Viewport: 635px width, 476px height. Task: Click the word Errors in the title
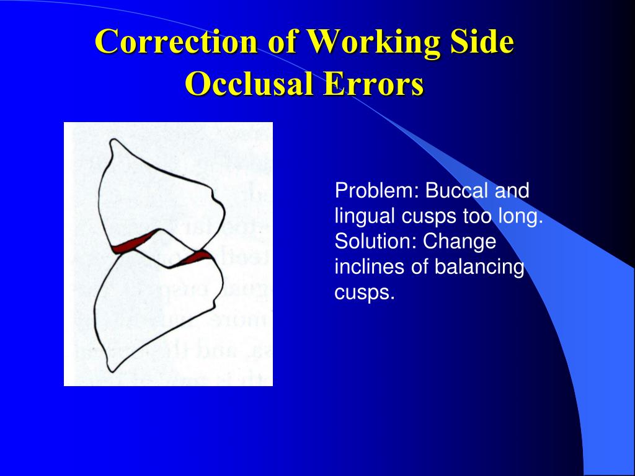pos(381,83)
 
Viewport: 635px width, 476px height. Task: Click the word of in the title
pos(283,42)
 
